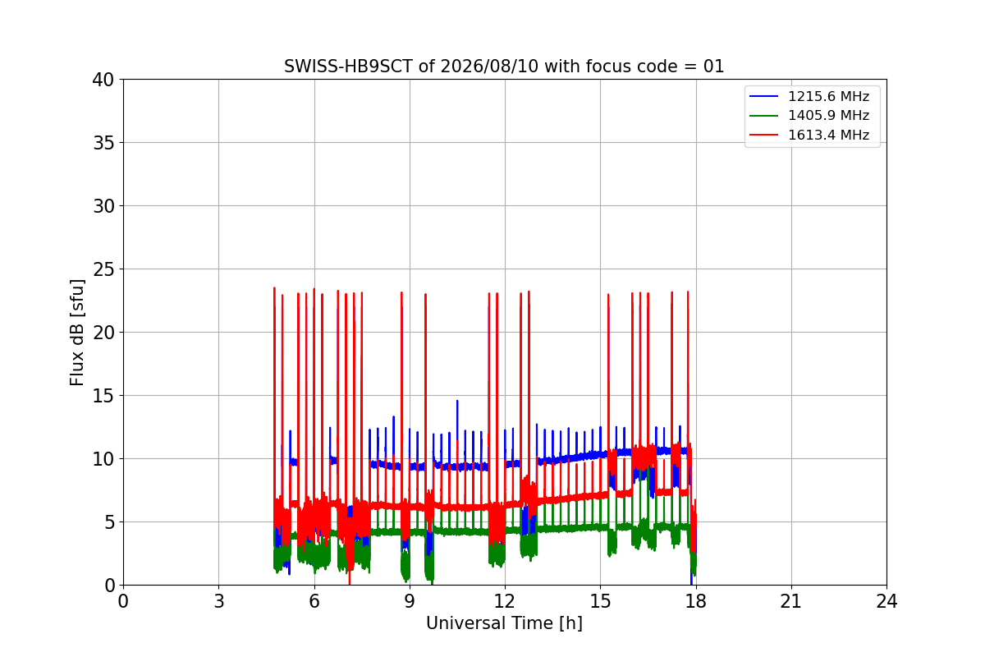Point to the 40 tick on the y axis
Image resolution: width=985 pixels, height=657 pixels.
click(103, 80)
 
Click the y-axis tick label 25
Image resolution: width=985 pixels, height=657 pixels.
click(103, 269)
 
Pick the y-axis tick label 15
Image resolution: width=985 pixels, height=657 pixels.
click(103, 396)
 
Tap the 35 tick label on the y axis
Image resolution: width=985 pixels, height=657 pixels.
click(103, 143)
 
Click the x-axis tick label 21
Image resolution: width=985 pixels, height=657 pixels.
click(791, 601)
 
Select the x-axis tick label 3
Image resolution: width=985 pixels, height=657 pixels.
click(219, 601)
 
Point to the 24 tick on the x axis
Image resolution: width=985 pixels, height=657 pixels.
click(886, 601)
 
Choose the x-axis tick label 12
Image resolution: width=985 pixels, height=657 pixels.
click(505, 601)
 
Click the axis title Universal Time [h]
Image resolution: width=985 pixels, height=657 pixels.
click(504, 623)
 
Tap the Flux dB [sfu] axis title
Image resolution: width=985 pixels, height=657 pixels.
click(77, 333)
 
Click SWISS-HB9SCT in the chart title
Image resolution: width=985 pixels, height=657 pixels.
click(348, 67)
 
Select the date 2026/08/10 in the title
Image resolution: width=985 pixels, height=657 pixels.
click(489, 67)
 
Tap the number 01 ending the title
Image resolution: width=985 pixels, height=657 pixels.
click(713, 67)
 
